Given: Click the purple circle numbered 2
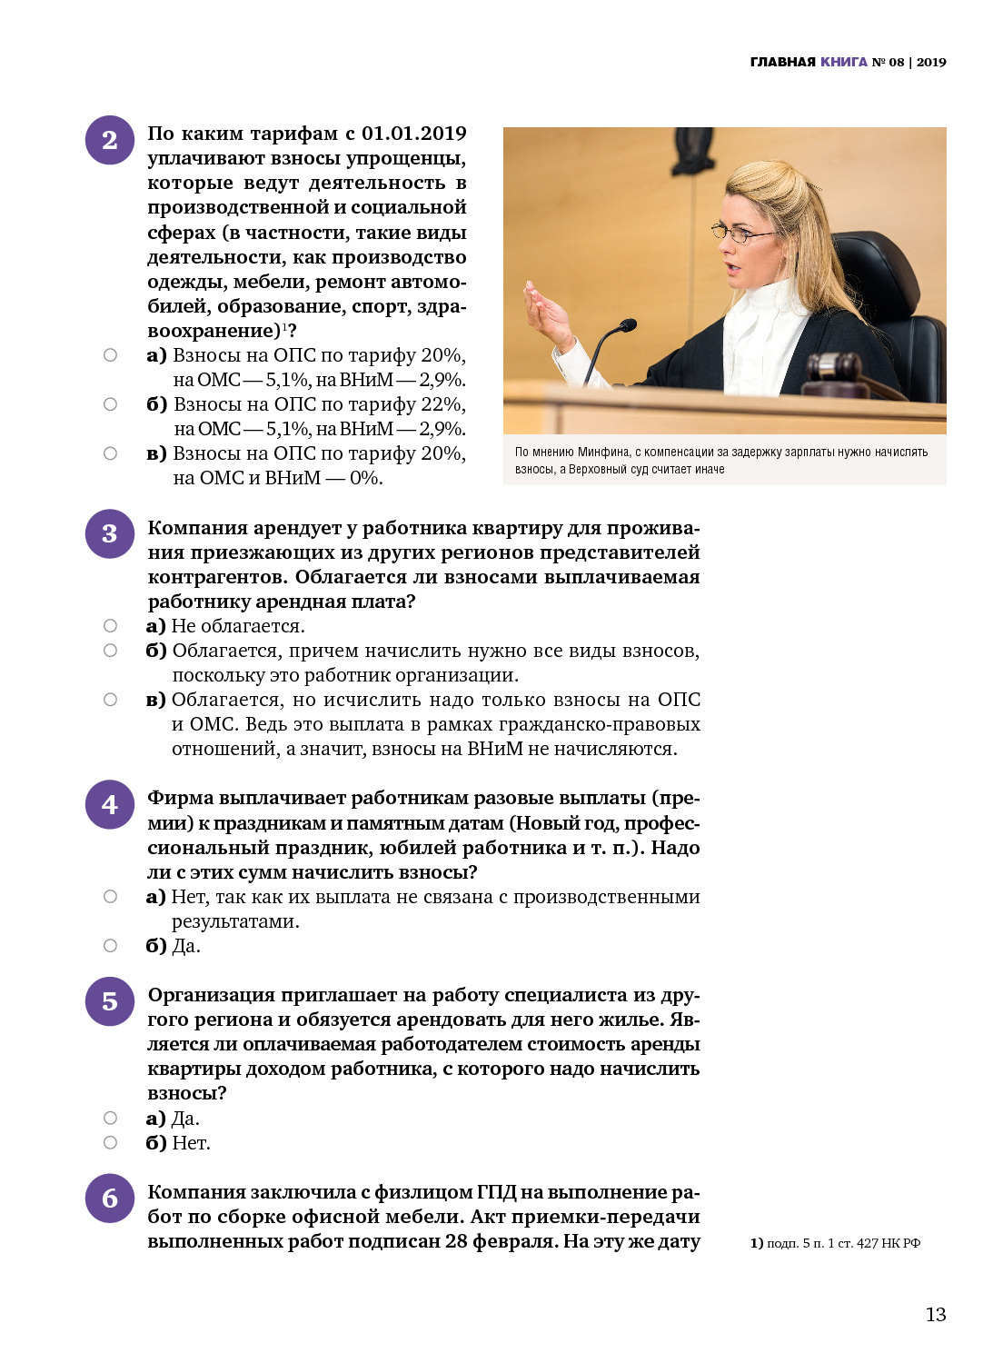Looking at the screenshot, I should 110,140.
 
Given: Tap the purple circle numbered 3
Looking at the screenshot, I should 110,533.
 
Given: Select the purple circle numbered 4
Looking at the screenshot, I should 110,804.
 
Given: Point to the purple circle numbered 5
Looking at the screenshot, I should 110,1001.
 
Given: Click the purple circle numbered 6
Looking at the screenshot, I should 110,1199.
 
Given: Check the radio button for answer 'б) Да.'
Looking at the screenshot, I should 110,946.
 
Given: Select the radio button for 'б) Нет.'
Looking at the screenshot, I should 110,1142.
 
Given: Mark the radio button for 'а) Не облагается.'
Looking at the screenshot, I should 110,626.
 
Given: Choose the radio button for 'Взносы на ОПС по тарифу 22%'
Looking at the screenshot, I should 110,404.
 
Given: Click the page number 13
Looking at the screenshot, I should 936,1315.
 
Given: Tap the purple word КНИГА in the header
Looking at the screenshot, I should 844,62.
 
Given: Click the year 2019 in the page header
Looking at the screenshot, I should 931,62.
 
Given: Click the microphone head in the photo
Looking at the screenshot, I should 626,324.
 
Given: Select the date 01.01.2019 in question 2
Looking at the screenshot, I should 414,134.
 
